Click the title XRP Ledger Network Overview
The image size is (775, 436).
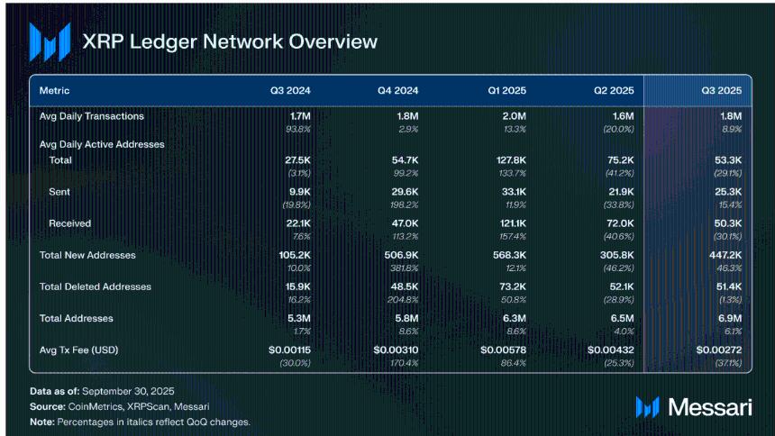(x=230, y=42)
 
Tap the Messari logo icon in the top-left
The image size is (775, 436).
(x=50, y=41)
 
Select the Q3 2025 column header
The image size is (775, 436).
(x=721, y=91)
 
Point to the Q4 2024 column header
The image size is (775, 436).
(x=397, y=91)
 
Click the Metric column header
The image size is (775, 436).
(x=54, y=91)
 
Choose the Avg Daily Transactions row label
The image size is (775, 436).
(x=91, y=116)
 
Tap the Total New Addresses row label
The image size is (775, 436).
(x=87, y=255)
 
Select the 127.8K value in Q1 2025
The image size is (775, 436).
(x=508, y=160)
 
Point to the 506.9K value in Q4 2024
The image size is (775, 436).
(x=400, y=255)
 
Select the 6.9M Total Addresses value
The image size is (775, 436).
(x=728, y=318)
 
